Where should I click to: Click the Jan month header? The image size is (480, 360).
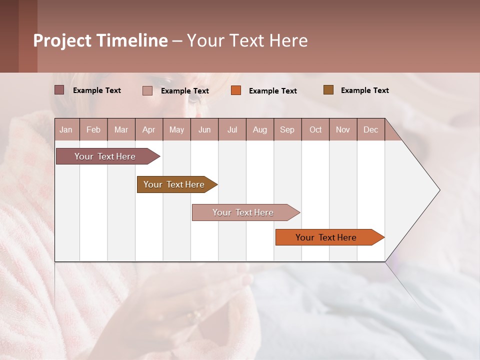pyautogui.click(x=66, y=129)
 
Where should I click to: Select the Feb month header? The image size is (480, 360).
pyautogui.click(x=93, y=129)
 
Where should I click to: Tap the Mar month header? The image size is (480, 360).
pyautogui.click(x=121, y=129)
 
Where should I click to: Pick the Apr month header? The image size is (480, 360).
pyautogui.click(x=149, y=129)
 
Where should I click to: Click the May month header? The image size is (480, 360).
pyautogui.click(x=176, y=129)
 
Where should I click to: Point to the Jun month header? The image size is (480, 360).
pyautogui.click(x=204, y=129)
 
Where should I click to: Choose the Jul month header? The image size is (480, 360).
pyautogui.click(x=232, y=129)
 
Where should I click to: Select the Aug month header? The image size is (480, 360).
pyautogui.click(x=260, y=129)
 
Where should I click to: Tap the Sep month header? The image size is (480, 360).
pyautogui.click(x=287, y=129)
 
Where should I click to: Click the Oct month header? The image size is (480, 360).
pyautogui.click(x=315, y=129)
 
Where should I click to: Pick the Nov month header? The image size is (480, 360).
pyautogui.click(x=343, y=129)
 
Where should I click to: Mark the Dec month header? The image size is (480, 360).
pyautogui.click(x=371, y=129)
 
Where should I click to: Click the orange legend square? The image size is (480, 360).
pyautogui.click(x=236, y=90)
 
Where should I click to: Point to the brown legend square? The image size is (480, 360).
pyautogui.click(x=328, y=90)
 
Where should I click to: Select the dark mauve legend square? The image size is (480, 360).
pyautogui.click(x=59, y=90)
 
